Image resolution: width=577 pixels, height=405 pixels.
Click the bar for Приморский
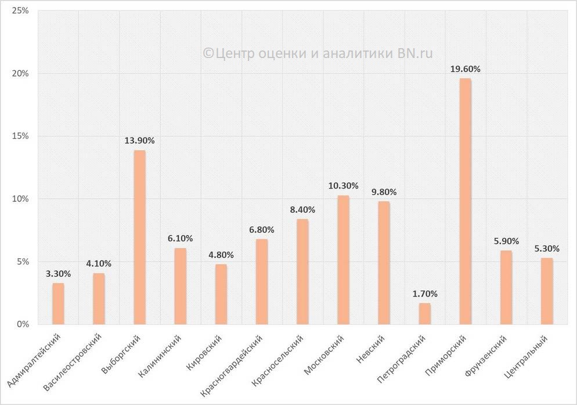(465, 201)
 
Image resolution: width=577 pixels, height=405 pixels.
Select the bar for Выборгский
(139, 237)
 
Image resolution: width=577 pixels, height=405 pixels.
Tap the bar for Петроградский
(425, 313)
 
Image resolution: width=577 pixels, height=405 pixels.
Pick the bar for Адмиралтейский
(58, 303)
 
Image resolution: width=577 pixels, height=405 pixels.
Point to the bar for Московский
(344, 259)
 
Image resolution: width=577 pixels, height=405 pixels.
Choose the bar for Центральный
(547, 291)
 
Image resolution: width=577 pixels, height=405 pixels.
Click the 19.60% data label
(465, 69)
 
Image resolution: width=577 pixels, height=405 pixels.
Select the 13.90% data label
(139, 140)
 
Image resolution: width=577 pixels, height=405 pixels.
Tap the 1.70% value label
(425, 294)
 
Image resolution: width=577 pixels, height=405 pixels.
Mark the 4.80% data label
(221, 255)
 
